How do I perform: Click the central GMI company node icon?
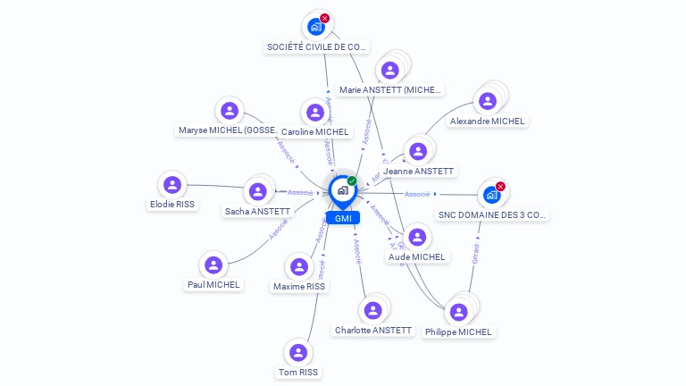tap(342, 190)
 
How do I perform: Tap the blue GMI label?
tap(342, 218)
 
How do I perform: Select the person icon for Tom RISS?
tap(298, 353)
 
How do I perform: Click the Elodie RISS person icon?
tap(172, 185)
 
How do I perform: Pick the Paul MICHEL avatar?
tap(213, 265)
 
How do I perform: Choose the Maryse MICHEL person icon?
tap(230, 111)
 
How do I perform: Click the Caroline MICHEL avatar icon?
tap(314, 113)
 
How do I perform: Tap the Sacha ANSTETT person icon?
tap(258, 191)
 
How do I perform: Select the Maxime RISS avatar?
tap(299, 267)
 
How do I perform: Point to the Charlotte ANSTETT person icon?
tap(373, 310)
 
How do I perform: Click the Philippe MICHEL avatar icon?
tap(458, 312)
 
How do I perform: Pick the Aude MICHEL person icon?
tap(417, 237)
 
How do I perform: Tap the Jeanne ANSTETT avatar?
tap(417, 151)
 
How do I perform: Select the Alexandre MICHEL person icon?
tap(488, 101)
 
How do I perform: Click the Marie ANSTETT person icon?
tap(389, 70)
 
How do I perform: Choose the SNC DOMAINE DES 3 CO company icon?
tap(491, 195)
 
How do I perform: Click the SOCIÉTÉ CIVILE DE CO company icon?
tap(316, 27)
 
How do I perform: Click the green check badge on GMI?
tap(352, 180)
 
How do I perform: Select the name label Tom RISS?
tap(297, 372)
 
